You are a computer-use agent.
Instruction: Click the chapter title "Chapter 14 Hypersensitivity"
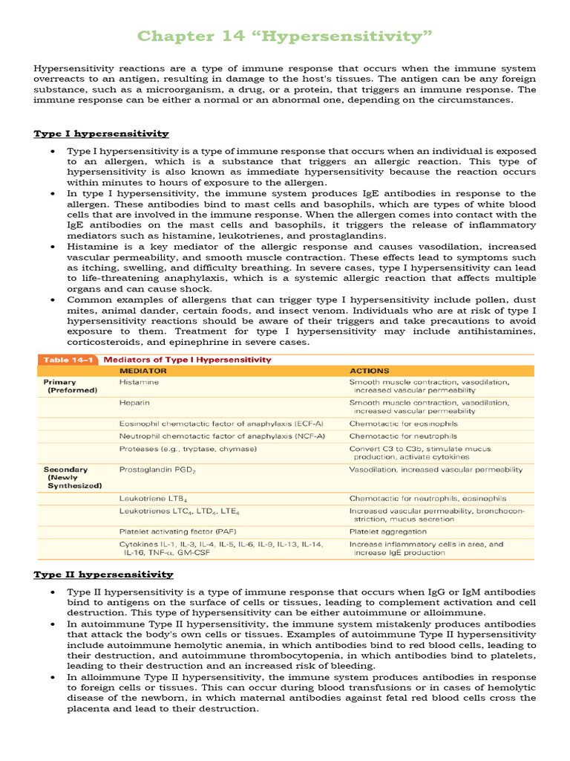pos(285,36)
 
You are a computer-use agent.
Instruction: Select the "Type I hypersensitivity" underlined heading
pos(101,134)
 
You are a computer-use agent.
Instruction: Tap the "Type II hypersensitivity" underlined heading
pos(103,574)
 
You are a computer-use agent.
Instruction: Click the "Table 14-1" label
pos(65,360)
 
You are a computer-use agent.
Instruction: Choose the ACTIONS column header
pos(370,370)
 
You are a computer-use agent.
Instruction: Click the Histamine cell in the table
pos(139,382)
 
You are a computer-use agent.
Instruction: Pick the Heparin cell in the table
pos(134,402)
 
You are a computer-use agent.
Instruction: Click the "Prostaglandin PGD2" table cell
pos(157,470)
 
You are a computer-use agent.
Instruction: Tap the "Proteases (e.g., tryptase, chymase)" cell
pos(189,449)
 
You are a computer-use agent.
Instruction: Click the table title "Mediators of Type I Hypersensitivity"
pos(186,360)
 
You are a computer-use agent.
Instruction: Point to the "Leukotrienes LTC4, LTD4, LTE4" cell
pos(180,511)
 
